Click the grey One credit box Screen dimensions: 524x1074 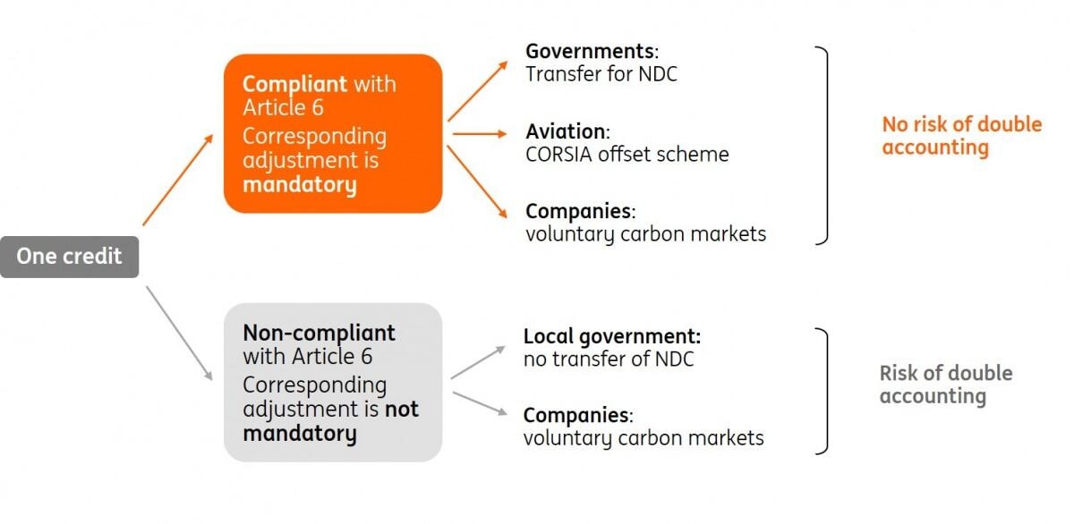pyautogui.click(x=69, y=257)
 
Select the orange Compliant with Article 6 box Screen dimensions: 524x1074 pyautogui.click(x=333, y=133)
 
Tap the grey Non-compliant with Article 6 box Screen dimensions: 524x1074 pyautogui.click(x=333, y=382)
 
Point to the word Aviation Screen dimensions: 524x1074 pyautogui.click(x=566, y=131)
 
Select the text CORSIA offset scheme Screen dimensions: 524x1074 pyautogui.click(x=626, y=154)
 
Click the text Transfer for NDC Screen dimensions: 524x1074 pyautogui.click(x=601, y=73)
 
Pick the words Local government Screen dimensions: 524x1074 pyautogui.click(x=611, y=336)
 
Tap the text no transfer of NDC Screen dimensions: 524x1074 pyautogui.click(x=609, y=359)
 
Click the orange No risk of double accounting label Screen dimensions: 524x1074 pyautogui.click(x=961, y=135)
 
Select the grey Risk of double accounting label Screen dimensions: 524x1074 pyautogui.click(x=945, y=384)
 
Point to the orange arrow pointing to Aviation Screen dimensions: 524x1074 pyautogui.click(x=480, y=134)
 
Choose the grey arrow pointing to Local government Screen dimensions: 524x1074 pyautogui.click(x=478, y=362)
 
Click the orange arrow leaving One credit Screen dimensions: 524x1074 pyautogui.click(x=178, y=180)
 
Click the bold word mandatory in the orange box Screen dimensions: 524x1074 pyautogui.click(x=299, y=185)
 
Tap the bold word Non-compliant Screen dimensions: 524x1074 pyautogui.click(x=319, y=333)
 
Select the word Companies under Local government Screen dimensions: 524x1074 pyautogui.click(x=577, y=415)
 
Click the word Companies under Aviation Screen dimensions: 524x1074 pyautogui.click(x=579, y=212)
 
